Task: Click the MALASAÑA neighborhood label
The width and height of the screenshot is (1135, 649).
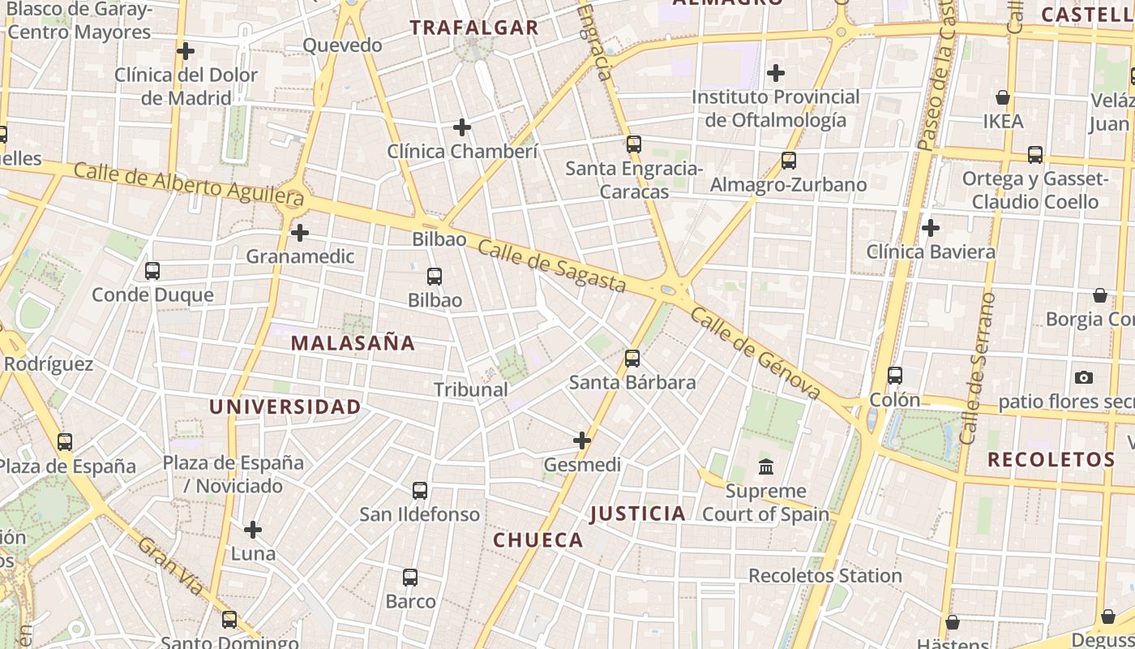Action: (353, 343)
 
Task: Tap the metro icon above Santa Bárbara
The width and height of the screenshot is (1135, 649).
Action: (632, 358)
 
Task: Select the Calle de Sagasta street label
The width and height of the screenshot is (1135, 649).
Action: (551, 266)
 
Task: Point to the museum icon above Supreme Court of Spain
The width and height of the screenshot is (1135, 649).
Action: (766, 466)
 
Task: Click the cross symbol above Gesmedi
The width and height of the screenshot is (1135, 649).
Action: (582, 441)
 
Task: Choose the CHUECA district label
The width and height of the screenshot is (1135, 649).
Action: (538, 540)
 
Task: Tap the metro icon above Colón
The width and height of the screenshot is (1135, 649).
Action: (895, 376)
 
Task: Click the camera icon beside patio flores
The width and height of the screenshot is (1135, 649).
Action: (1083, 377)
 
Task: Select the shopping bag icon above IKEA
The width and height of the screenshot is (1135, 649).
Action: (1003, 97)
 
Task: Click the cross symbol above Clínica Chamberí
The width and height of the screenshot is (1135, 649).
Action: (462, 127)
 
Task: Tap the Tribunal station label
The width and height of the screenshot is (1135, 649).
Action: (471, 389)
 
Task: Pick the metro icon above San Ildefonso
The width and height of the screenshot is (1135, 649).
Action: (420, 491)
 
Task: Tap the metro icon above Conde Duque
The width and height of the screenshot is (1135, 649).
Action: (152, 271)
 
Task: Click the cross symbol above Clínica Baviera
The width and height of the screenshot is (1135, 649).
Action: (931, 228)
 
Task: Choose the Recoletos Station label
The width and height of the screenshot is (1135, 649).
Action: (825, 576)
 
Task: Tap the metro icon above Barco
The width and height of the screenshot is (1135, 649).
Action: (410, 578)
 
